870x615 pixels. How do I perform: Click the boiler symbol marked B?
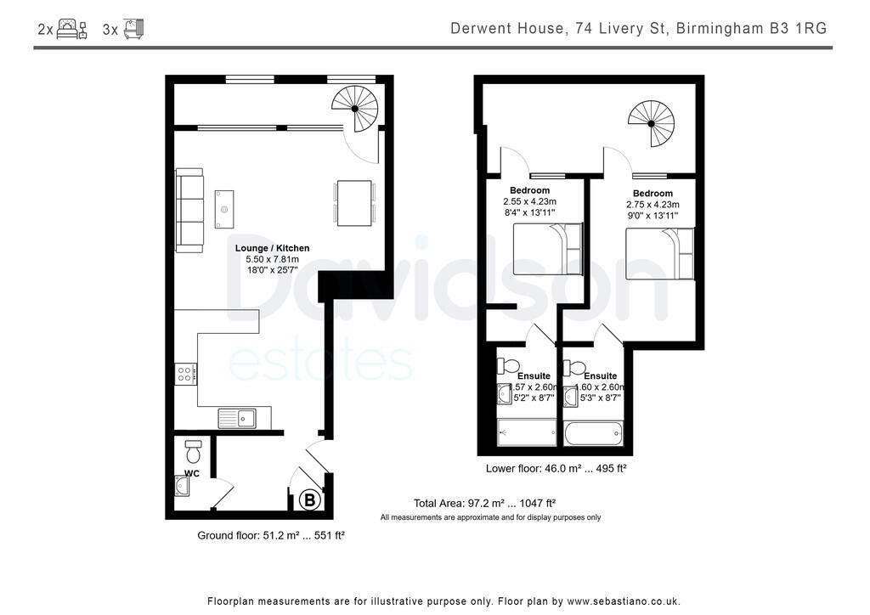pyautogui.click(x=309, y=501)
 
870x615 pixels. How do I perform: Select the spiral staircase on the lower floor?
pyautogui.click(x=651, y=124)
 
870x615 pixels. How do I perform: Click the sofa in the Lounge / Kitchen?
pyautogui.click(x=189, y=210)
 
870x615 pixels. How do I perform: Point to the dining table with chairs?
pyautogui.click(x=355, y=203)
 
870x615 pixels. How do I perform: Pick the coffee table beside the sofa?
pyautogui.click(x=224, y=209)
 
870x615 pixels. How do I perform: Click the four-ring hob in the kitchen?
pyautogui.click(x=185, y=374)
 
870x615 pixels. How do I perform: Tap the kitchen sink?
pyautogui.click(x=237, y=417)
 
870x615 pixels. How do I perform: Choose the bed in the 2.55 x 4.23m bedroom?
pyautogui.click(x=548, y=249)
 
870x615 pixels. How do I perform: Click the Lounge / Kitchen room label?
pyautogui.click(x=272, y=248)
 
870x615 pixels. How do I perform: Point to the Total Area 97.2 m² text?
pyautogui.click(x=484, y=503)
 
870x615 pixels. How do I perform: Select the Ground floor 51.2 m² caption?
pyautogui.click(x=270, y=535)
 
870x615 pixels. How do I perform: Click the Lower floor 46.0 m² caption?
pyautogui.click(x=556, y=468)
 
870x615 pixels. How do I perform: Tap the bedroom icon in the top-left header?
pyautogui.click(x=71, y=30)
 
